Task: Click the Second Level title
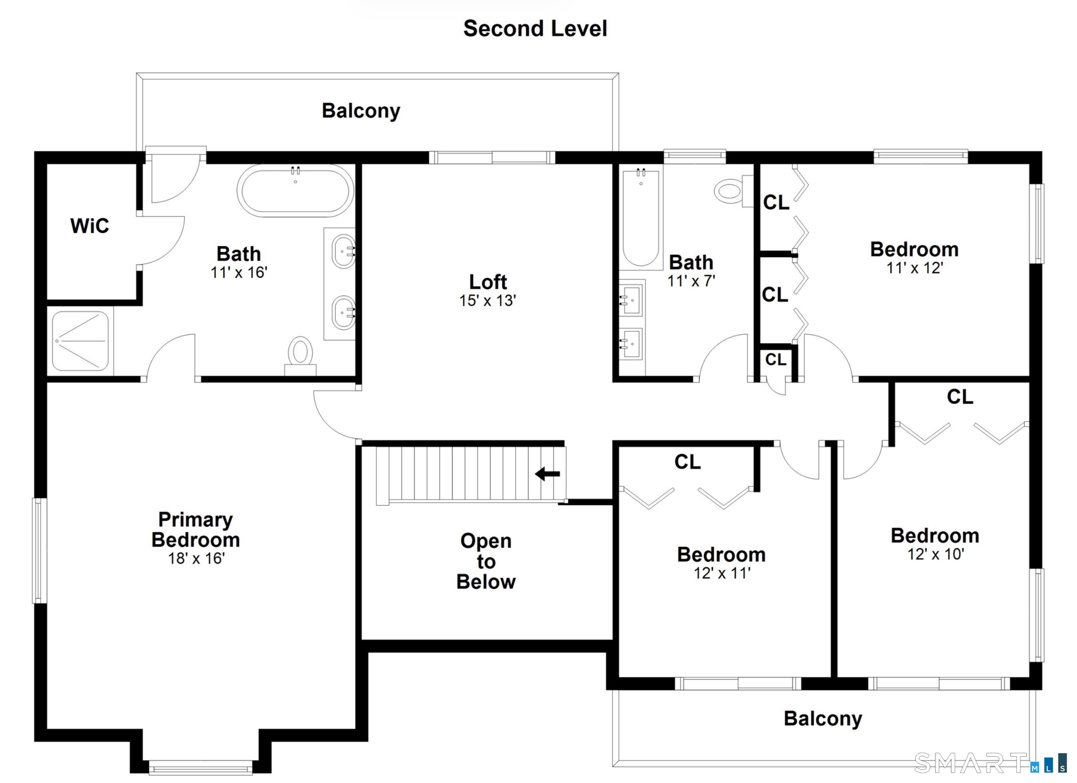tap(535, 28)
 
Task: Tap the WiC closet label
tap(90, 226)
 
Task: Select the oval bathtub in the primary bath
tap(295, 191)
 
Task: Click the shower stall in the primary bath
tap(80, 341)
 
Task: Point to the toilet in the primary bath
tap(300, 356)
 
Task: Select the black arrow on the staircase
tap(548, 474)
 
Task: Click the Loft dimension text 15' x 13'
tap(488, 301)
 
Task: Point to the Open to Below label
tap(486, 561)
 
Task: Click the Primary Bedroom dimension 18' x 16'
tap(196, 558)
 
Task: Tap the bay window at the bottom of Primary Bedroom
tap(201, 767)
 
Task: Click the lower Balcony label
tap(823, 719)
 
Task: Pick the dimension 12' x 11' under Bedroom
tap(722, 573)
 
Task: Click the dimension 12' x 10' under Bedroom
tap(935, 554)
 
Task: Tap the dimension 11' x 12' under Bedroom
tap(914, 268)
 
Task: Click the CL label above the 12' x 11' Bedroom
tap(687, 461)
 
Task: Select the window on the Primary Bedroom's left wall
tap(40, 550)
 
